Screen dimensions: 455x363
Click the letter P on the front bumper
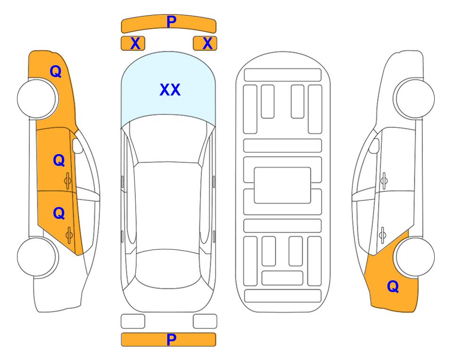tap(172, 22)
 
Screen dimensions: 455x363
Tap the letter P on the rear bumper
tap(172, 339)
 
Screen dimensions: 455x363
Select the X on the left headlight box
tap(135, 43)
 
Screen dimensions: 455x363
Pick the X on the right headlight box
tap(207, 43)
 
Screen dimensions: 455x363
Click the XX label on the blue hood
tap(170, 90)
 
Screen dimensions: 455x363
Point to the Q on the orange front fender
tap(56, 71)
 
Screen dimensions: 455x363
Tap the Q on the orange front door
tap(59, 160)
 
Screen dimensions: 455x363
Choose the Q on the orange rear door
tap(59, 214)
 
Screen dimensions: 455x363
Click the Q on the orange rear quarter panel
tap(393, 286)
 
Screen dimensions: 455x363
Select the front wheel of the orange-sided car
tap(38, 98)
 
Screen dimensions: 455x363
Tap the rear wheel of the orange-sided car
tap(38, 257)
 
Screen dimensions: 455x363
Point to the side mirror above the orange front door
tap(77, 146)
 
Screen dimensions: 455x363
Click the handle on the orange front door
tap(68, 181)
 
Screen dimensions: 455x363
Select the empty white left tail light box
tap(133, 321)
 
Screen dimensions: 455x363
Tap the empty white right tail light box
tap(205, 321)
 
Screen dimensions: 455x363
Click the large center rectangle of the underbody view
tap(283, 185)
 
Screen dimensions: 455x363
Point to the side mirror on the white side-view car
tap(374, 146)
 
